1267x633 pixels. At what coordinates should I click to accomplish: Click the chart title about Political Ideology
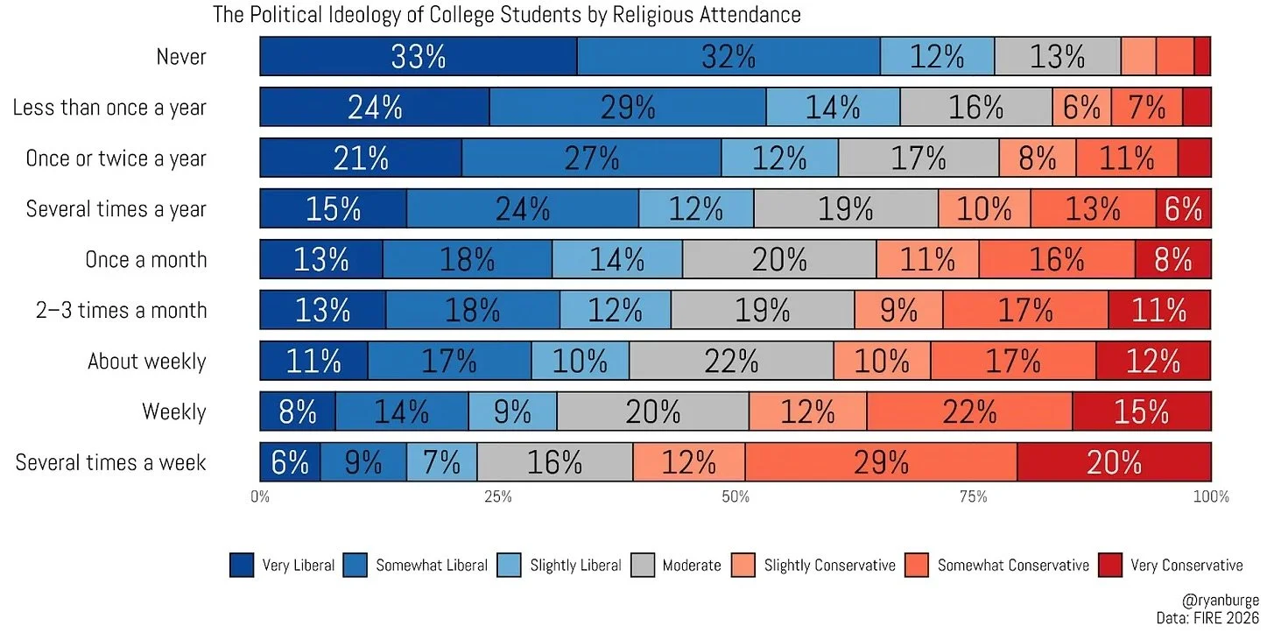point(507,15)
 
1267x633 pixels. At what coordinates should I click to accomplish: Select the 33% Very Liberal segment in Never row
point(419,57)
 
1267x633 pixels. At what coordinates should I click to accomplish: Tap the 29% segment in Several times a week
point(881,462)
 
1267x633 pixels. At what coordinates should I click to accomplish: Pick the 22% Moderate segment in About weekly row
point(731,361)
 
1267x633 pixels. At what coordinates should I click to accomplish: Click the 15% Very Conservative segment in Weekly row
point(1142,411)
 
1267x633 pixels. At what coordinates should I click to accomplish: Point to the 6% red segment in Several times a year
point(1183,209)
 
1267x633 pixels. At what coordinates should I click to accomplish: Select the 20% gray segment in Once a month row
point(779,260)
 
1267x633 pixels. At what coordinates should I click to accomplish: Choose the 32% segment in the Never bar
point(729,57)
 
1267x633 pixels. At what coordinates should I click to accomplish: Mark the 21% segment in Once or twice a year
point(361,158)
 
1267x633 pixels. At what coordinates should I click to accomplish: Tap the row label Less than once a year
point(109,108)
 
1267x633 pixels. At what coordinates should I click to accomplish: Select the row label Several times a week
point(111,462)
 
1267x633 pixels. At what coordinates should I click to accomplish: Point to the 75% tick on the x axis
point(973,497)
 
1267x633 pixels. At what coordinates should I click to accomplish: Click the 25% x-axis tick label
point(497,497)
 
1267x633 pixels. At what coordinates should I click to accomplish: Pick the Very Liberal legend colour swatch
point(241,565)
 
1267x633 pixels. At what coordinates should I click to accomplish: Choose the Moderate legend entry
point(691,565)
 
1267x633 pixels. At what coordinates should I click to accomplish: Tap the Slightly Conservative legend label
point(829,565)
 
